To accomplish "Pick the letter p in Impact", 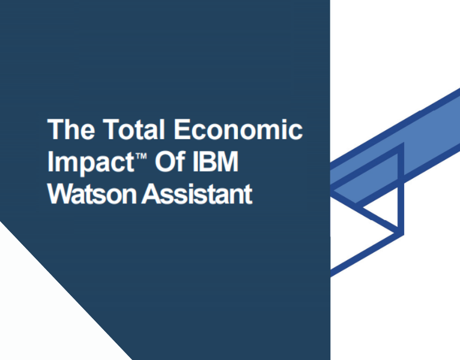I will click(84, 166).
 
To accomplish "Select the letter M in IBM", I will click(228, 162).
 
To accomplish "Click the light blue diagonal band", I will click(414, 144).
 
